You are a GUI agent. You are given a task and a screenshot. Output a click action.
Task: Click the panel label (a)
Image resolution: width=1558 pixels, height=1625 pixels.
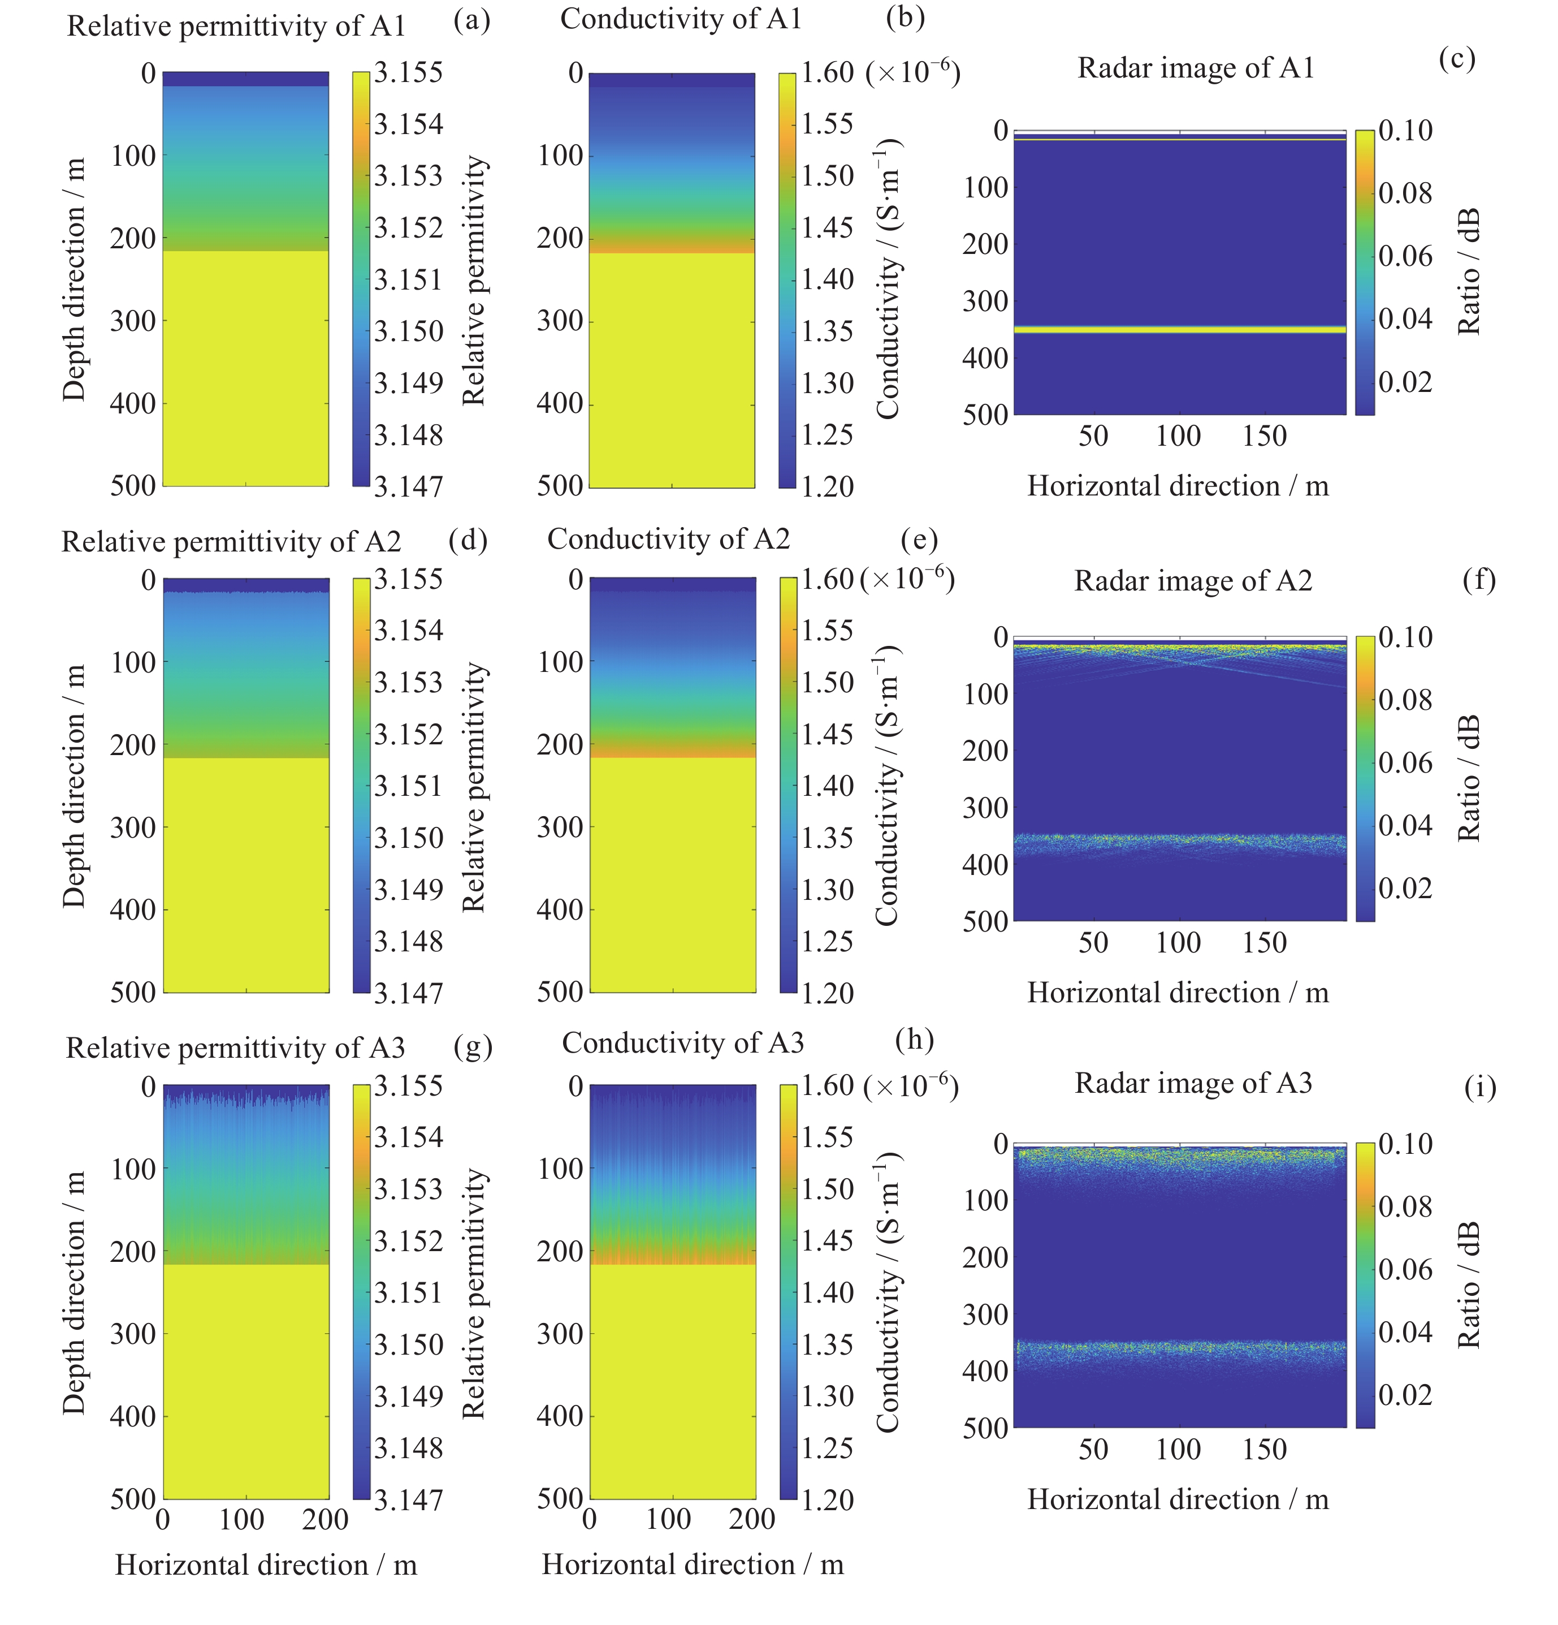coord(471,20)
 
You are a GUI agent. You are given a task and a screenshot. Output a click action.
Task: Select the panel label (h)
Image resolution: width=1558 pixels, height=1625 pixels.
coord(914,1039)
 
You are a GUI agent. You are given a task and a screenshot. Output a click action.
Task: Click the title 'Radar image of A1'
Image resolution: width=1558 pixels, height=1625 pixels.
coord(1195,68)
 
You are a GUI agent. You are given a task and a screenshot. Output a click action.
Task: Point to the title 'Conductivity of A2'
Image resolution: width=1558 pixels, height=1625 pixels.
coord(668,539)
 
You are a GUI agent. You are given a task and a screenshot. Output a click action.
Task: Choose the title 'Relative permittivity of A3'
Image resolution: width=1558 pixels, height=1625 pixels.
coord(235,1048)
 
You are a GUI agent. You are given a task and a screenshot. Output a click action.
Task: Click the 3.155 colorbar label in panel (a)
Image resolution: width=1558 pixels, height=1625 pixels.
coord(408,73)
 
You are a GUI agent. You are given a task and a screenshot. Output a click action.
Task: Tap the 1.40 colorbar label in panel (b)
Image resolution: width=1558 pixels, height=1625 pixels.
coord(826,279)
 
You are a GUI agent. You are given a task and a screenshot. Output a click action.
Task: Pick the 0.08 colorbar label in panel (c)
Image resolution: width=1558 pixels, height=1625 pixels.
coord(1405,193)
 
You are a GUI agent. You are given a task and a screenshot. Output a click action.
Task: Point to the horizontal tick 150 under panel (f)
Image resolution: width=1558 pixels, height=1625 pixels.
coord(1264,943)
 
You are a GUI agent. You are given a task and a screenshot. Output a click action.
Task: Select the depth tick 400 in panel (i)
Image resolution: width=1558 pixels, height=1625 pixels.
coord(985,1371)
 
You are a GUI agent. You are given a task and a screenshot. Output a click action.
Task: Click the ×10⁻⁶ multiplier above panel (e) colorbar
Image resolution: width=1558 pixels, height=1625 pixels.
coord(907,579)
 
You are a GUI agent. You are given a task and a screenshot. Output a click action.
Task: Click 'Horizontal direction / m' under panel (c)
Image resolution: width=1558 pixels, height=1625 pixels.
coord(1178,486)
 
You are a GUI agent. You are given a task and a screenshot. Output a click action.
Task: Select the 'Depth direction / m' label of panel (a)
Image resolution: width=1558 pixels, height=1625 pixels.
coord(73,279)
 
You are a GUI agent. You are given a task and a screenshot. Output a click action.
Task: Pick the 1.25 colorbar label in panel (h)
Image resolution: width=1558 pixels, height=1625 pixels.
coord(826,1447)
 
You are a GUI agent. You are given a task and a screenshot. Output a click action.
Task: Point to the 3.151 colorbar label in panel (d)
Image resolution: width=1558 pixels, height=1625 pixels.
coord(408,786)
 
